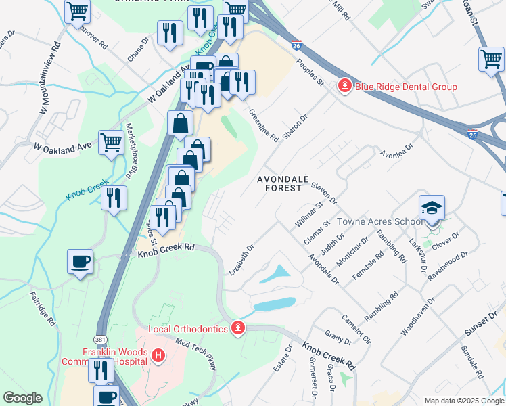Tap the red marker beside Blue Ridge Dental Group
[x=345, y=86]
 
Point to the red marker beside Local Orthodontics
[x=237, y=329]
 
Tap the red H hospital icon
[x=158, y=355]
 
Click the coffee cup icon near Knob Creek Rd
[x=80, y=261]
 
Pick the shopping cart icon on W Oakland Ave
[x=111, y=143]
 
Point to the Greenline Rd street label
[x=264, y=125]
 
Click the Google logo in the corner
[x=22, y=398]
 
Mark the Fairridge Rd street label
[x=43, y=309]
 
